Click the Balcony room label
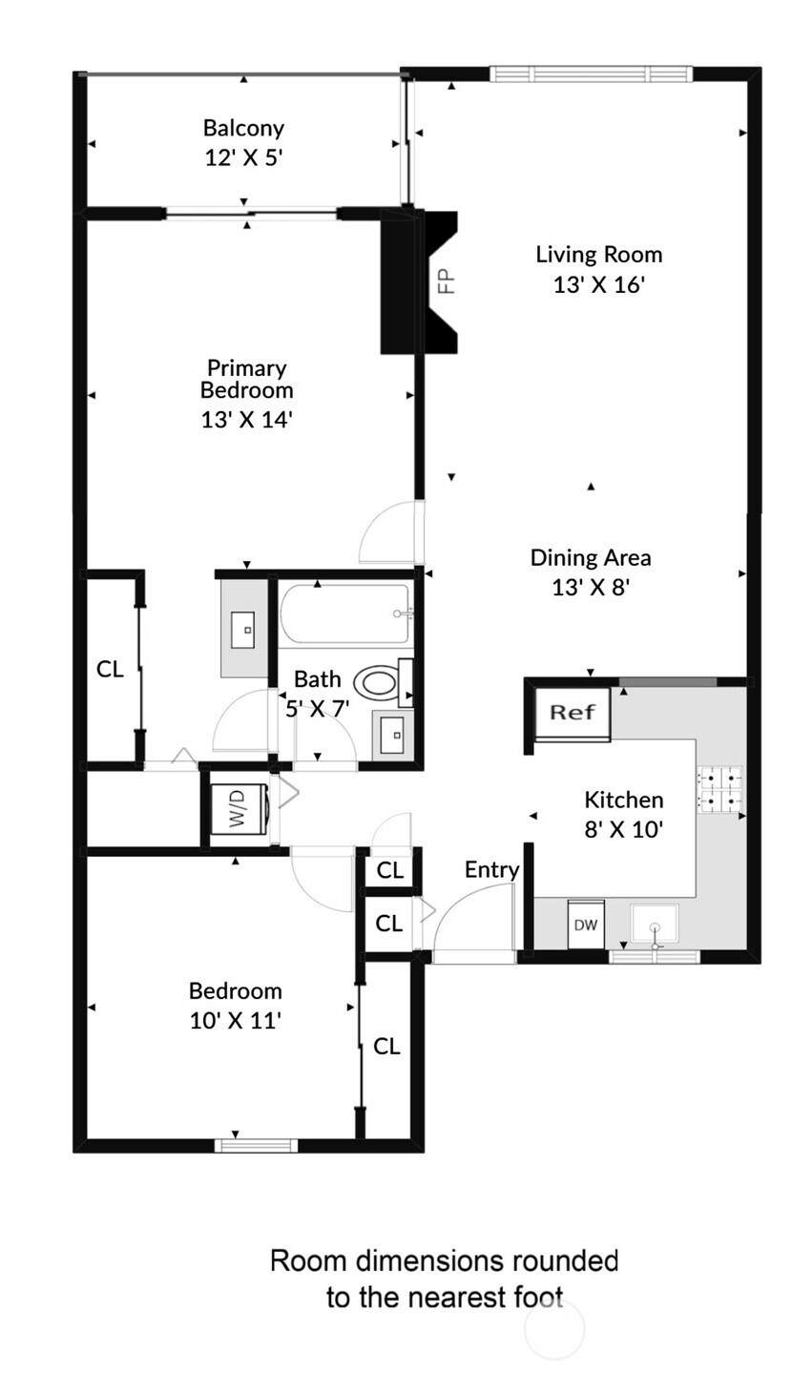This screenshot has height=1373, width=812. [243, 128]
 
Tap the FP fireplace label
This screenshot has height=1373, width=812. [446, 281]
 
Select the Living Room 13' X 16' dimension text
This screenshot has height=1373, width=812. [599, 284]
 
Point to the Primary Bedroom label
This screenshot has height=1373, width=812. [246, 379]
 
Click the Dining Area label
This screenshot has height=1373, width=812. [591, 557]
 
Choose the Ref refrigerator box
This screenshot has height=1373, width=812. [573, 712]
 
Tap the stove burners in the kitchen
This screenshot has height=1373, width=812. [719, 789]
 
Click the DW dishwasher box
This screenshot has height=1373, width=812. [585, 926]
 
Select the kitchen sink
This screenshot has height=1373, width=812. [655, 925]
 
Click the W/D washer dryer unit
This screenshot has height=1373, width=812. [237, 808]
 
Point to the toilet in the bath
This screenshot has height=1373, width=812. [378, 682]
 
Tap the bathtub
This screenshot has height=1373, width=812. [345, 615]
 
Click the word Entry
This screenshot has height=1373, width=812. [491, 869]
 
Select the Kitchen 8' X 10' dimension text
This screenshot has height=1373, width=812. [623, 829]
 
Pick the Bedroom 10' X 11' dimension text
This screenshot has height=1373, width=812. [235, 1020]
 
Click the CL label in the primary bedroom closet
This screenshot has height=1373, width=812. [110, 669]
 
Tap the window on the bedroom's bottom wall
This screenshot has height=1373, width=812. [256, 1145]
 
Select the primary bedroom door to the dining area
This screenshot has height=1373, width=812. [391, 534]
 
